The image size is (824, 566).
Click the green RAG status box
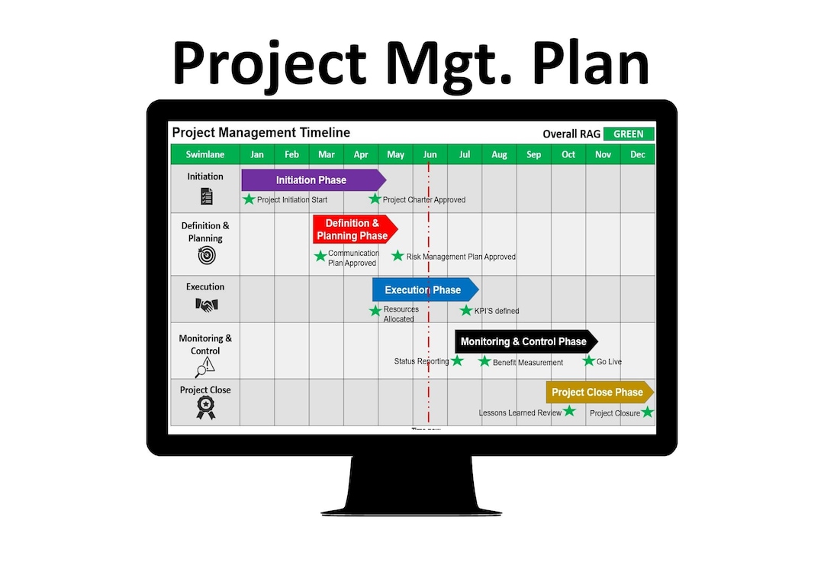pos(629,134)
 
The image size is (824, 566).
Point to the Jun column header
pos(430,154)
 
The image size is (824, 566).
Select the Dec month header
pos(638,154)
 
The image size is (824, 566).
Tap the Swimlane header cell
pos(205,154)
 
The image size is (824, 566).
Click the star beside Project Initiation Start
pos(249,199)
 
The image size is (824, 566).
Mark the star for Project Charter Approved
pos(375,199)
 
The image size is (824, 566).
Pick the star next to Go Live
pos(588,361)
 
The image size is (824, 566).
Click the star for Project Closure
pos(648,412)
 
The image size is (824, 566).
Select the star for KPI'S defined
pos(466,310)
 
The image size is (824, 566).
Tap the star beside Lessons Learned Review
pos(569,411)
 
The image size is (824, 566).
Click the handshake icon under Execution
pos(206,305)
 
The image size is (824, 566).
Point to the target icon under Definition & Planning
pos(206,256)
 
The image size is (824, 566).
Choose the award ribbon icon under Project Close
pos(205,408)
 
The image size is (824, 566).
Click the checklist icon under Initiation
pos(206,196)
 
